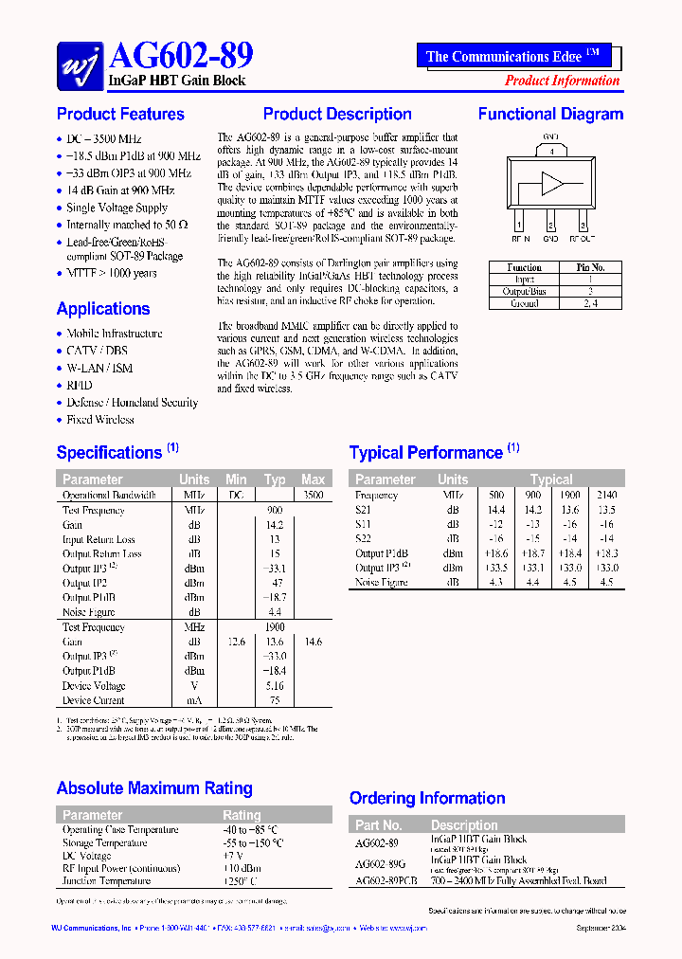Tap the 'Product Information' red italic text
click(562, 81)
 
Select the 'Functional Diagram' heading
click(550, 115)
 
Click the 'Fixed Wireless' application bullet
click(100, 420)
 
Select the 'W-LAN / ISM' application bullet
click(99, 369)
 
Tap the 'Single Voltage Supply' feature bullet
click(117, 208)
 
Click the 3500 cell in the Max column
click(313, 495)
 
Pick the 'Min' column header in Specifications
click(236, 479)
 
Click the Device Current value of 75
click(275, 700)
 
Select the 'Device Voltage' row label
click(94, 686)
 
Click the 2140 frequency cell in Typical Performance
click(606, 495)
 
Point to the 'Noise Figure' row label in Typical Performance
click(382, 582)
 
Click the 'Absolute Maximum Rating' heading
click(154, 788)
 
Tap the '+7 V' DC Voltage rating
click(233, 856)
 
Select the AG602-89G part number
click(380, 864)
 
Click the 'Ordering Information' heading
click(427, 799)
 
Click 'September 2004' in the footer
click(601, 929)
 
